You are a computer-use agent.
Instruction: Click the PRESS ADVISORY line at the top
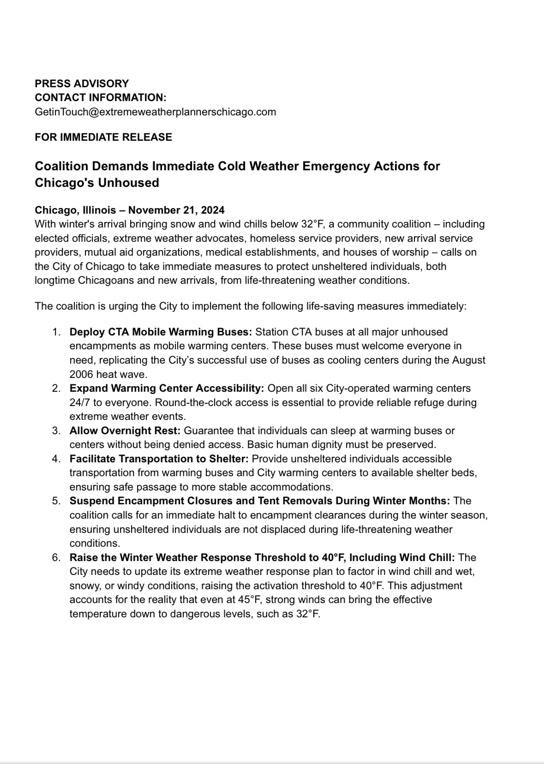click(82, 84)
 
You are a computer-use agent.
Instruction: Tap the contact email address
click(155, 112)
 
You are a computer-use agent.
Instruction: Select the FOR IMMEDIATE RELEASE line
click(103, 137)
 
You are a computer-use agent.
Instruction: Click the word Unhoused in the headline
click(129, 183)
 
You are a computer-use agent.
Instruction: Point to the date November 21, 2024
click(176, 210)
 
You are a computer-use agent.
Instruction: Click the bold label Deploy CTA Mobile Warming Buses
click(161, 332)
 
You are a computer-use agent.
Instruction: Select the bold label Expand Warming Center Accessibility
click(167, 388)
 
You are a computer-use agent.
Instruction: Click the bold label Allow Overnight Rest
click(125, 430)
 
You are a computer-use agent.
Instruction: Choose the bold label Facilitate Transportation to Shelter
click(159, 459)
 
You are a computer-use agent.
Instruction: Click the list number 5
click(56, 501)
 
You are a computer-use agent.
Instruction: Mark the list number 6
click(56, 557)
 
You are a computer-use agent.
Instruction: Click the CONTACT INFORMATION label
click(101, 97)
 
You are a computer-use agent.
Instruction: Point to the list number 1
click(56, 332)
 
